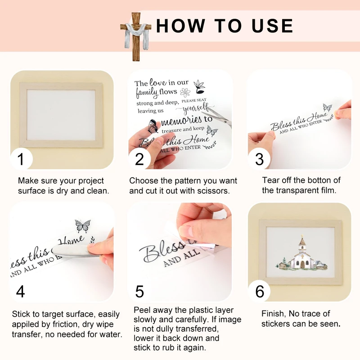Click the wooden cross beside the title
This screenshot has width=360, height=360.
[136, 37]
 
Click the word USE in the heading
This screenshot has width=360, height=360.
[272, 26]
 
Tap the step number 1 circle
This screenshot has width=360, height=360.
[21, 159]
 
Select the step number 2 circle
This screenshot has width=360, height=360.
[139, 159]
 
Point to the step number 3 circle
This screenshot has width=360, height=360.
[259, 159]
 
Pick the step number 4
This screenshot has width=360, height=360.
[20, 292]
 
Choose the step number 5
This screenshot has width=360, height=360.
[139, 292]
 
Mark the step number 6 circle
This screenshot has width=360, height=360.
[260, 291]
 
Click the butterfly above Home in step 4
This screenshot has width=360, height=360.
[83, 226]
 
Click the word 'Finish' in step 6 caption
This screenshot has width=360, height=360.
[274, 314]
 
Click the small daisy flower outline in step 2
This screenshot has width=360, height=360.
[185, 93]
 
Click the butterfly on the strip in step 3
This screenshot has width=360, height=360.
[327, 107]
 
